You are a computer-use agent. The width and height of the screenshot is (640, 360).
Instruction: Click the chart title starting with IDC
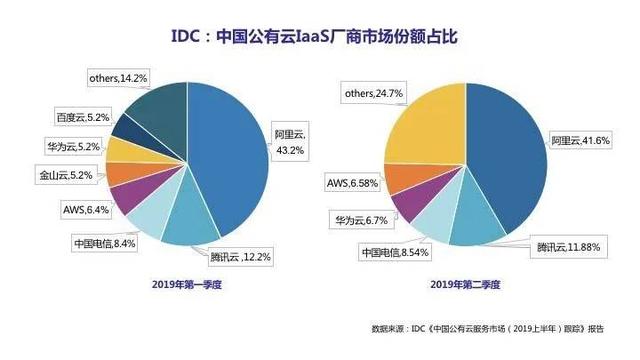click(x=320, y=38)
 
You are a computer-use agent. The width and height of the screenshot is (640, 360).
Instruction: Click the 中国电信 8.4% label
click(x=103, y=242)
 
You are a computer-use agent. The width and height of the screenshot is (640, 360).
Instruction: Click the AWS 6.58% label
click(x=351, y=183)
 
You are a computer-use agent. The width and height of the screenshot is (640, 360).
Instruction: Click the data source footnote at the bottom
click(x=487, y=327)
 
